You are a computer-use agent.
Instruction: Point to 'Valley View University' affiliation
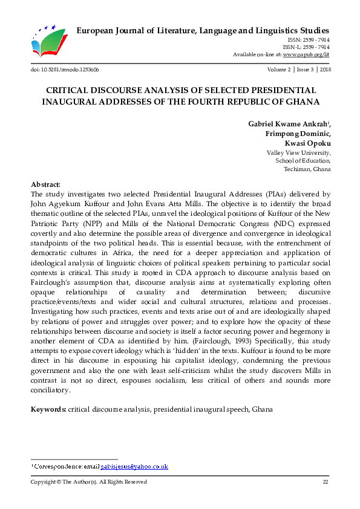(x=298, y=153)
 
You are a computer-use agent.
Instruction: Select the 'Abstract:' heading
(x=45, y=184)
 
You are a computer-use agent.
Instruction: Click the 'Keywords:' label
(x=48, y=409)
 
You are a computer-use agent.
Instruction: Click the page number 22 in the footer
(x=325, y=482)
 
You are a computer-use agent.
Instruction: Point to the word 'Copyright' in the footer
(x=45, y=482)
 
